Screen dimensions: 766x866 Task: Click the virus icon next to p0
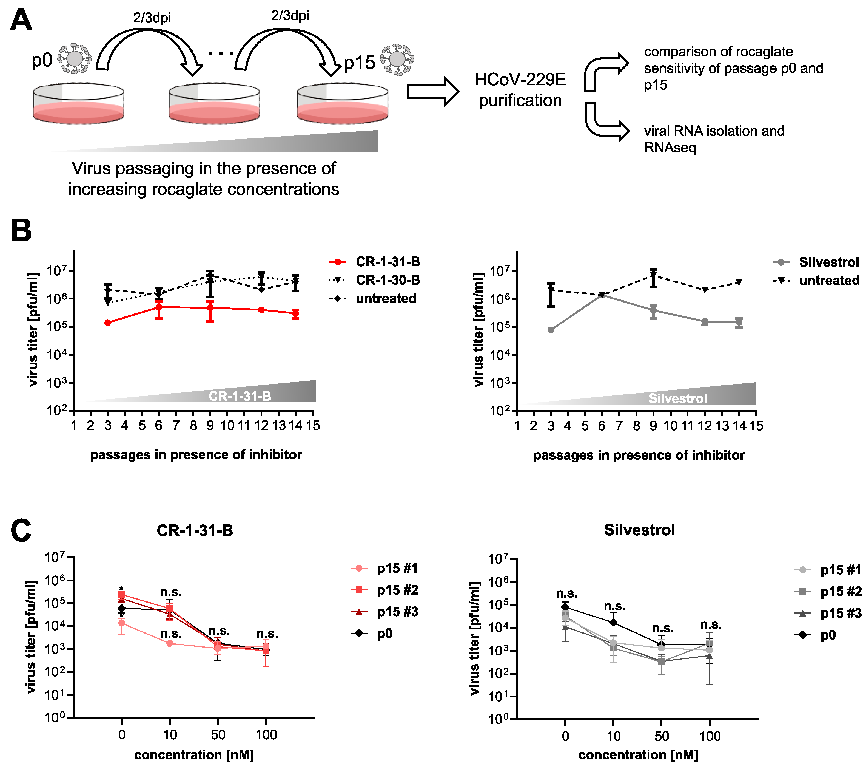[x=75, y=58]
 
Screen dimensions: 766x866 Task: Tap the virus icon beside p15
[x=397, y=59]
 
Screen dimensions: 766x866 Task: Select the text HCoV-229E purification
[x=520, y=90]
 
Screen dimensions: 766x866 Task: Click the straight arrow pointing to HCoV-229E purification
[x=432, y=91]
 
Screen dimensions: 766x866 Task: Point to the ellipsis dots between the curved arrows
[x=221, y=54]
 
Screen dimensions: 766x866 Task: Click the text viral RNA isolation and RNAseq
[x=714, y=139]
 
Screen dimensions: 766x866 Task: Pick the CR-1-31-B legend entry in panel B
[x=375, y=262]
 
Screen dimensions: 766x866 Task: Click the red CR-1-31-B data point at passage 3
[x=108, y=323]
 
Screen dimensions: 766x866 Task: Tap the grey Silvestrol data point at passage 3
[x=551, y=330]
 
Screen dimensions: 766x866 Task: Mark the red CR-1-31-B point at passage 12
[x=261, y=310]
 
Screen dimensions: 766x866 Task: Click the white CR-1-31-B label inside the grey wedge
[x=240, y=396]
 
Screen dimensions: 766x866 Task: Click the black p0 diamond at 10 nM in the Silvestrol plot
[x=613, y=622]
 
